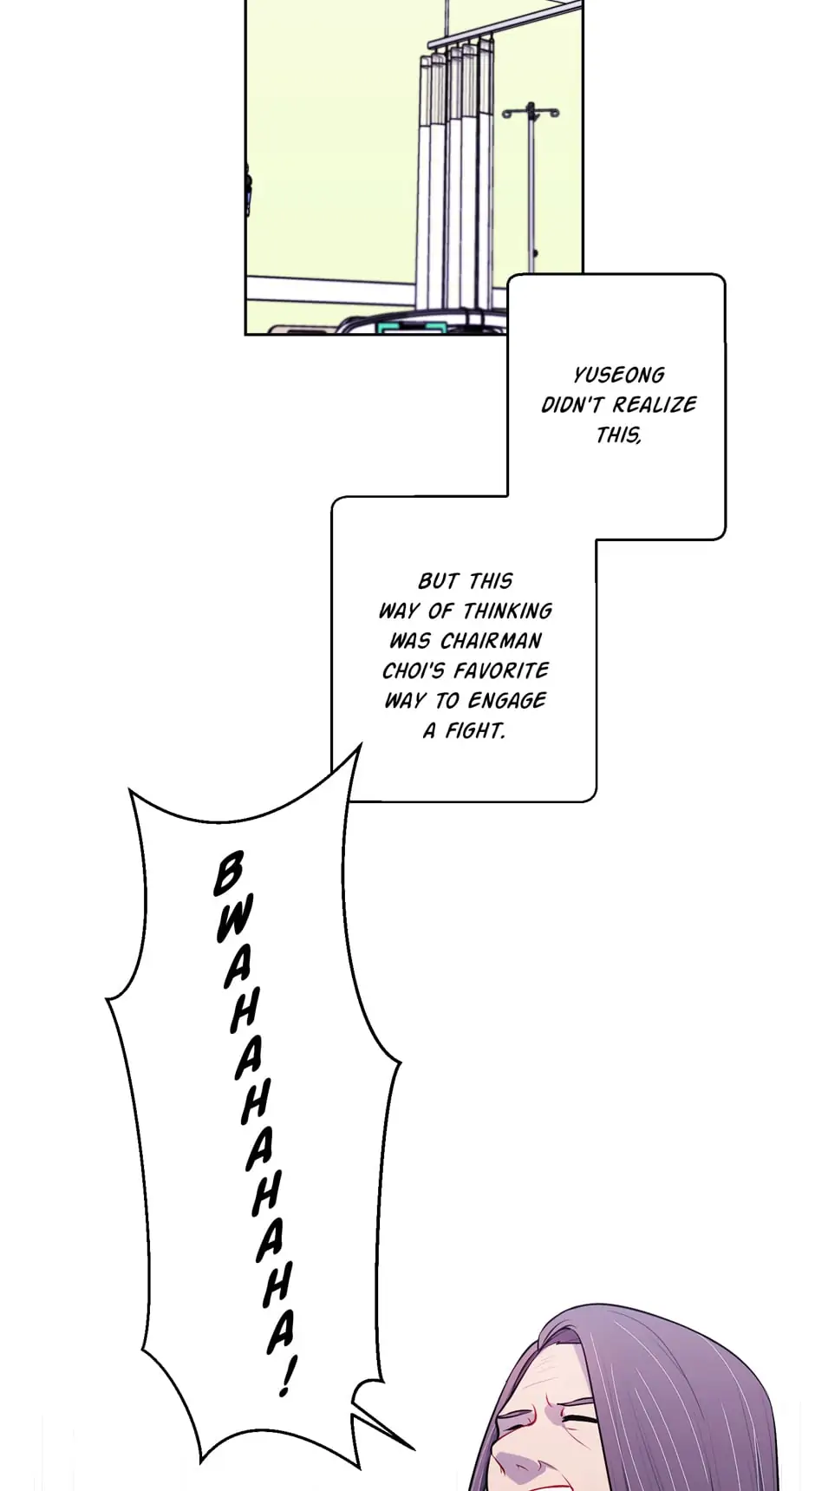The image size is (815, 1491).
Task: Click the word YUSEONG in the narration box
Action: click(618, 376)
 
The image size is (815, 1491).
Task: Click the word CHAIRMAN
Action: click(491, 641)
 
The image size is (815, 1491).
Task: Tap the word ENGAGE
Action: click(506, 701)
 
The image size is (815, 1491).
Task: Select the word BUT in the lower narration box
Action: click(438, 581)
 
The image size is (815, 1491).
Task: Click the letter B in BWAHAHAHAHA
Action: click(227, 873)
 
